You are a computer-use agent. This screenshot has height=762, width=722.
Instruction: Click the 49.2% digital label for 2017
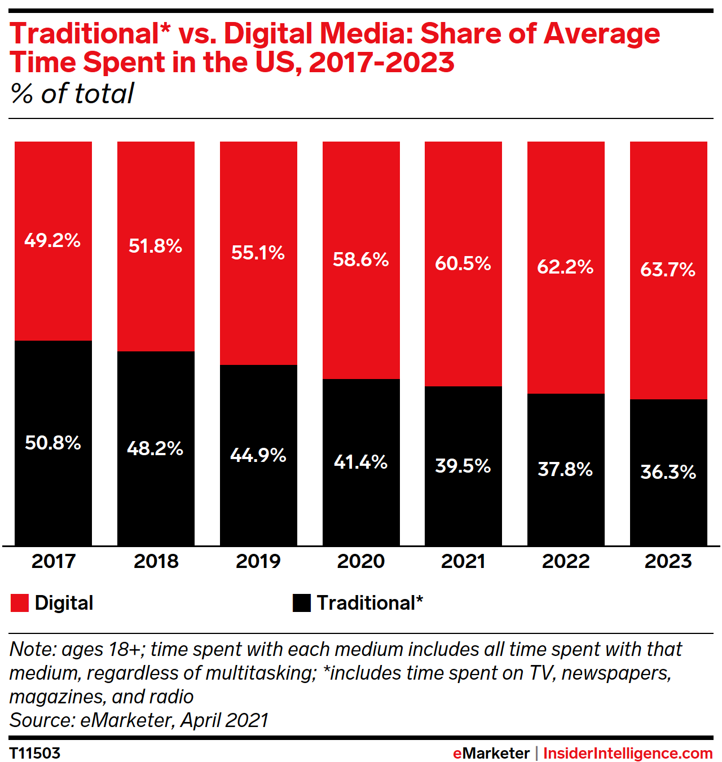[52, 240]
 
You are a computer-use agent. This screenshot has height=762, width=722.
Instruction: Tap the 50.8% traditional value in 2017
[53, 443]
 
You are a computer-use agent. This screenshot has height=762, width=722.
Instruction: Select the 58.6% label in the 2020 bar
[361, 259]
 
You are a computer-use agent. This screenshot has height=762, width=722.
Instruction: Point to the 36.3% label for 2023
[668, 472]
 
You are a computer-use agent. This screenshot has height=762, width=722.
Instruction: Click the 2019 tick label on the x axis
[258, 561]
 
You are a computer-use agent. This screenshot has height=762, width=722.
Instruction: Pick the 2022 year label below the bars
[566, 561]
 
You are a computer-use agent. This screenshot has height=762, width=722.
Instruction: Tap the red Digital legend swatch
[19, 603]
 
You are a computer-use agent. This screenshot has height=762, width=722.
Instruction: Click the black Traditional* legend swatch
[302, 603]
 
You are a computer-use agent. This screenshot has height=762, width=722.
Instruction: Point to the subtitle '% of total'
[72, 94]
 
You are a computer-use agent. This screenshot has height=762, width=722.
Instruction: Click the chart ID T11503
[35, 754]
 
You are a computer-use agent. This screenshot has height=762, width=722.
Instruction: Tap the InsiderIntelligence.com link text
[628, 754]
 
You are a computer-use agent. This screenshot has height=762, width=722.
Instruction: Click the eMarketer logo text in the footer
[491, 754]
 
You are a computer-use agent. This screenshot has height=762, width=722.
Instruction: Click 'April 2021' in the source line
[224, 720]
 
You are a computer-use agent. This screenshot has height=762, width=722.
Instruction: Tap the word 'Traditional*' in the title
[90, 34]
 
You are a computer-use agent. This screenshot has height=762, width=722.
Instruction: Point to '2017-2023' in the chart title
[381, 62]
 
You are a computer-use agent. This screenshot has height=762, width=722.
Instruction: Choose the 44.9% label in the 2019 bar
[258, 455]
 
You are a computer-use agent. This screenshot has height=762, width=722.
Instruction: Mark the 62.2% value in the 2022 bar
[565, 266]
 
